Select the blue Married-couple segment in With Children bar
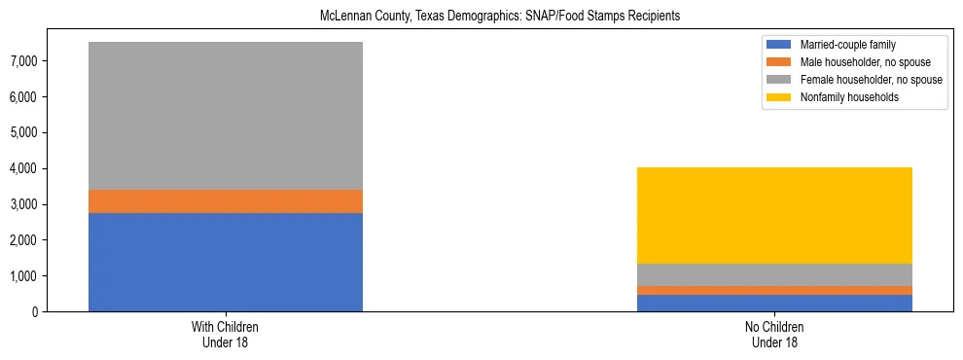pyautogui.click(x=226, y=262)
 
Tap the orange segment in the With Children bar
pyautogui.click(x=226, y=201)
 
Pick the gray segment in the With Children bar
pyautogui.click(x=226, y=116)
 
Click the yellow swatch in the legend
pyautogui.click(x=779, y=97)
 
